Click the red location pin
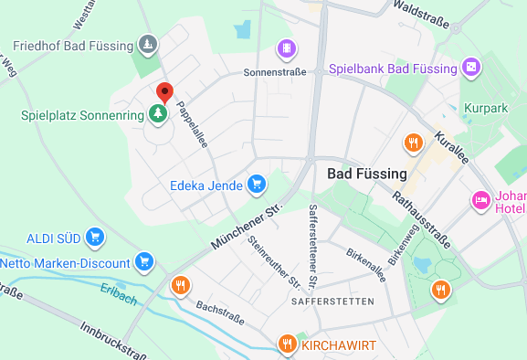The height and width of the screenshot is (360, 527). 164,92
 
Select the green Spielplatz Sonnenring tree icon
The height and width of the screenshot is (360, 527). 158,114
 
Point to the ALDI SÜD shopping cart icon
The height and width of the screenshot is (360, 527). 93,238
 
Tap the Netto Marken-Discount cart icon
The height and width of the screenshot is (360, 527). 143,262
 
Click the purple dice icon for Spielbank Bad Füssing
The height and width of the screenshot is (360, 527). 470,68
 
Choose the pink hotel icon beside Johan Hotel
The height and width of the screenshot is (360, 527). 480,200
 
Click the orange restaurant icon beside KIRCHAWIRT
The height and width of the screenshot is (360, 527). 288,344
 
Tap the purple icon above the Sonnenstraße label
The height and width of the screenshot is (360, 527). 287,48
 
